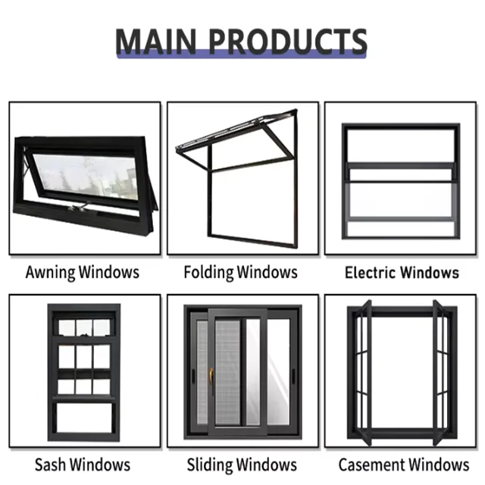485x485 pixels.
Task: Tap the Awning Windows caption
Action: [82, 271]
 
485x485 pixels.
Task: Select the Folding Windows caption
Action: [240, 271]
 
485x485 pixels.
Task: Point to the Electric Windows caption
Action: [402, 272]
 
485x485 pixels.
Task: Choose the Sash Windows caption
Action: [82, 465]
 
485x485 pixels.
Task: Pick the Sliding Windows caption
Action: [240, 465]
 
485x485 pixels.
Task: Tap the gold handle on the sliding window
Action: [211, 374]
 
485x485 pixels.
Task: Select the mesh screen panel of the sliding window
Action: [227, 371]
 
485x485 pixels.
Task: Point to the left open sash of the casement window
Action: [365, 371]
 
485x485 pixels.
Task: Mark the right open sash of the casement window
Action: [439, 371]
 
